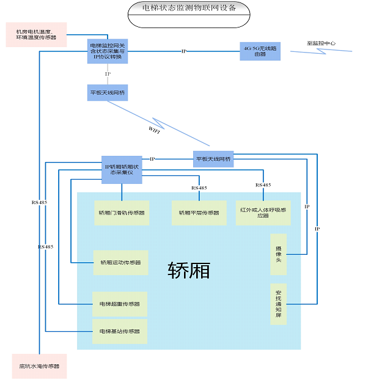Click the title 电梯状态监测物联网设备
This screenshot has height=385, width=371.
pos(188,8)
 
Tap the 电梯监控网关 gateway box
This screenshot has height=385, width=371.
pos(108,53)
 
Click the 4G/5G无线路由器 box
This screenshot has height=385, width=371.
pos(260,51)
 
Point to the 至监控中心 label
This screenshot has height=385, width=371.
pos(321,43)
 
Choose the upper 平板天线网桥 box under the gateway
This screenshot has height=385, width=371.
pos(108,93)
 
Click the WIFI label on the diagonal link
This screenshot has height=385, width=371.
pos(155,129)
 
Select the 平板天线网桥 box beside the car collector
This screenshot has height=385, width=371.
pos(213,159)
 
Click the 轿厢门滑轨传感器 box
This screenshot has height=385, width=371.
pos(122,213)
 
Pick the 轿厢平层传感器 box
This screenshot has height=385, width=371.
pos(199,213)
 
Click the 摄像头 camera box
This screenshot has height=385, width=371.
pos(278,254)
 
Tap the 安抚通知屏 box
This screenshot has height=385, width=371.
pos(278,302)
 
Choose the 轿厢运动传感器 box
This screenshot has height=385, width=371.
pos(120,262)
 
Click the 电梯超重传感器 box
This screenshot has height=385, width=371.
pos(119,304)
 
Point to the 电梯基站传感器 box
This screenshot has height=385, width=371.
pos(119,331)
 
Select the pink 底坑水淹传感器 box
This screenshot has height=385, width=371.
pos(39,367)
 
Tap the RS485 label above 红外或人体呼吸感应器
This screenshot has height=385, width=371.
pos(263,185)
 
